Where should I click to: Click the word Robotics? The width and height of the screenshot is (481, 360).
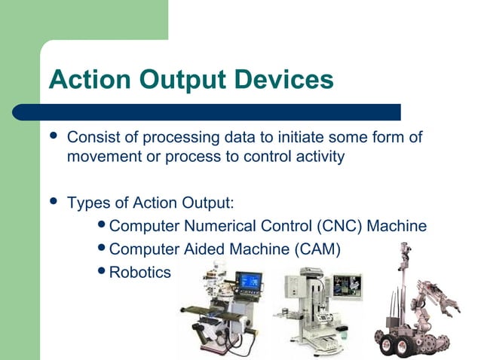click(x=141, y=272)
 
